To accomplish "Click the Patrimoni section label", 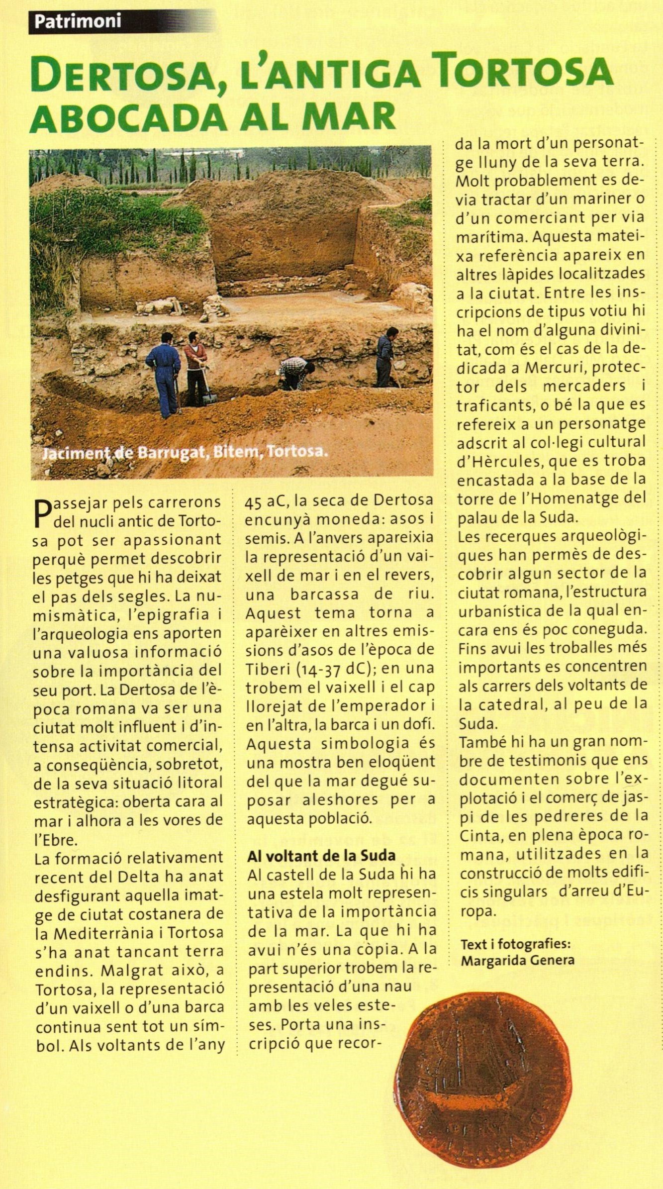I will [78, 22].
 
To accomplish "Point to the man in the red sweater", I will [195, 366].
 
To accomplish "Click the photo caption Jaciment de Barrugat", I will [186, 452].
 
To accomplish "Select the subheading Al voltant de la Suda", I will [321, 855].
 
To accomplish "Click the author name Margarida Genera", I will [517, 961].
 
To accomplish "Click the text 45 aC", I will [265, 499].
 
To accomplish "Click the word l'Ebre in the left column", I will [56, 840].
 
